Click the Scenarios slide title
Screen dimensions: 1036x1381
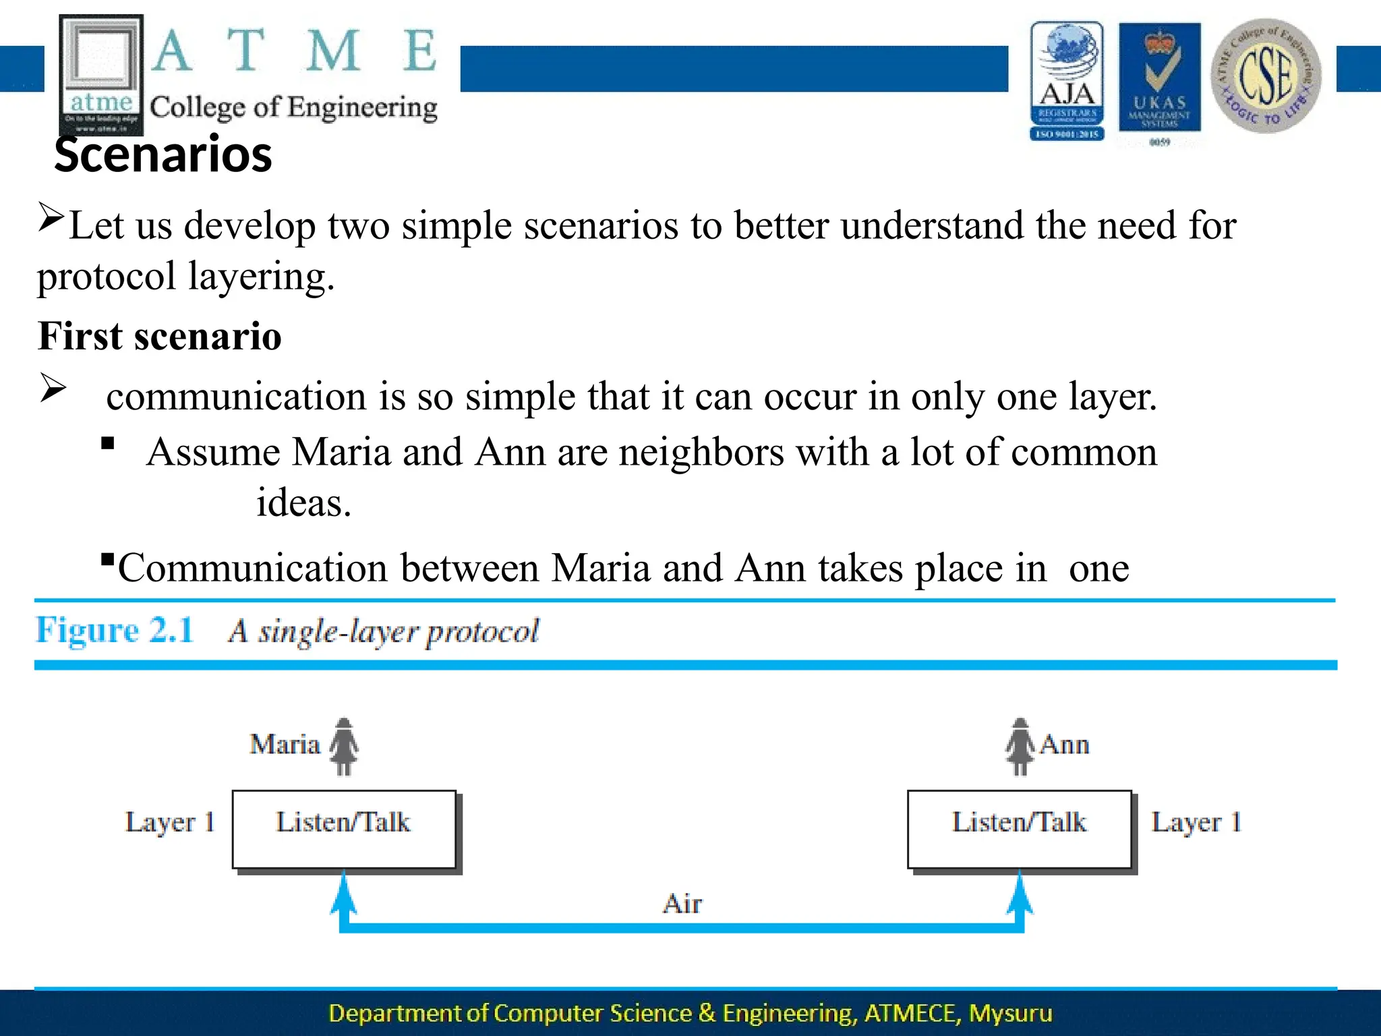(163, 154)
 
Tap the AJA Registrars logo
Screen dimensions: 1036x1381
(1067, 81)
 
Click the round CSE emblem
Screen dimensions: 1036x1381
(1266, 76)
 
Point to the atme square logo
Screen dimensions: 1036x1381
(101, 74)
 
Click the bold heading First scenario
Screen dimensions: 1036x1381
(160, 336)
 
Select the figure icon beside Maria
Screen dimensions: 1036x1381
(344, 747)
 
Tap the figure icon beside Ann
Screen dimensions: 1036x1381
(1020, 747)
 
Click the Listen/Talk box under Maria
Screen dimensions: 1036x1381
(344, 829)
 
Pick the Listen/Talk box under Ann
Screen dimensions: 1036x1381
(1019, 829)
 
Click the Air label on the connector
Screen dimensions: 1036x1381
(682, 904)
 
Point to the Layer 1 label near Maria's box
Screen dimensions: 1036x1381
(170, 822)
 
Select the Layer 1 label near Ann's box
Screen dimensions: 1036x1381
(1196, 822)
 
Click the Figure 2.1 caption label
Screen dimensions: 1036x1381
(115, 631)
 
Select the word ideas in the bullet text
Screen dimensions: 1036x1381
(303, 503)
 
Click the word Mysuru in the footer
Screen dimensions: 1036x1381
(1010, 1013)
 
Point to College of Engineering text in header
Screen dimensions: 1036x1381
(293, 107)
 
